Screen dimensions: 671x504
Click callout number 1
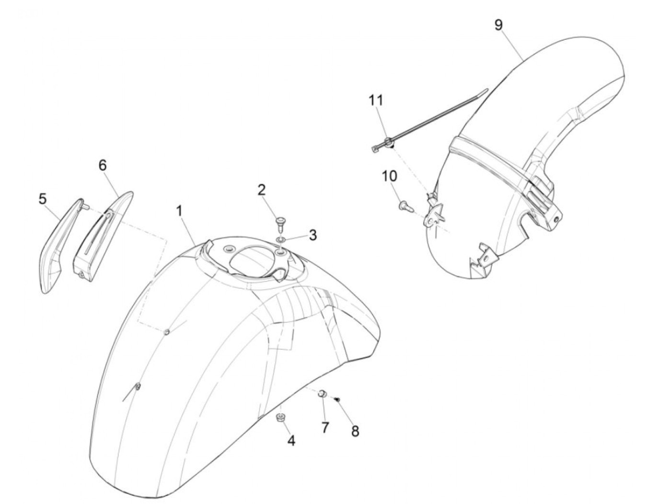coord(180,211)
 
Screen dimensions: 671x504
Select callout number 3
coord(312,235)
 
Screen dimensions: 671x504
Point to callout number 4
coord(291,440)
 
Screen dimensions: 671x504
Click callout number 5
coord(43,198)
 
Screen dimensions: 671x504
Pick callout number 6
coord(103,165)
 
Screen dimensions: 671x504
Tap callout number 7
coord(325,427)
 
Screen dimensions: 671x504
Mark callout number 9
coord(499,25)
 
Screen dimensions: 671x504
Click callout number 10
coord(389,176)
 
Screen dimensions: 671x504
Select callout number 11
coord(376,101)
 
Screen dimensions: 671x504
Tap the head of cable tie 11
coord(387,142)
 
